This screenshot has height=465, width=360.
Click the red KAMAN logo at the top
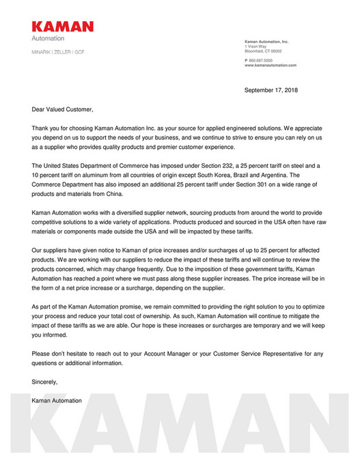(x=62, y=27)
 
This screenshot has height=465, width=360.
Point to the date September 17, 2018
(x=271, y=89)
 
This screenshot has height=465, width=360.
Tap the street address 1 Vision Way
(x=256, y=46)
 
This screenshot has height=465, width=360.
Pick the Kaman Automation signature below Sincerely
(x=57, y=400)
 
